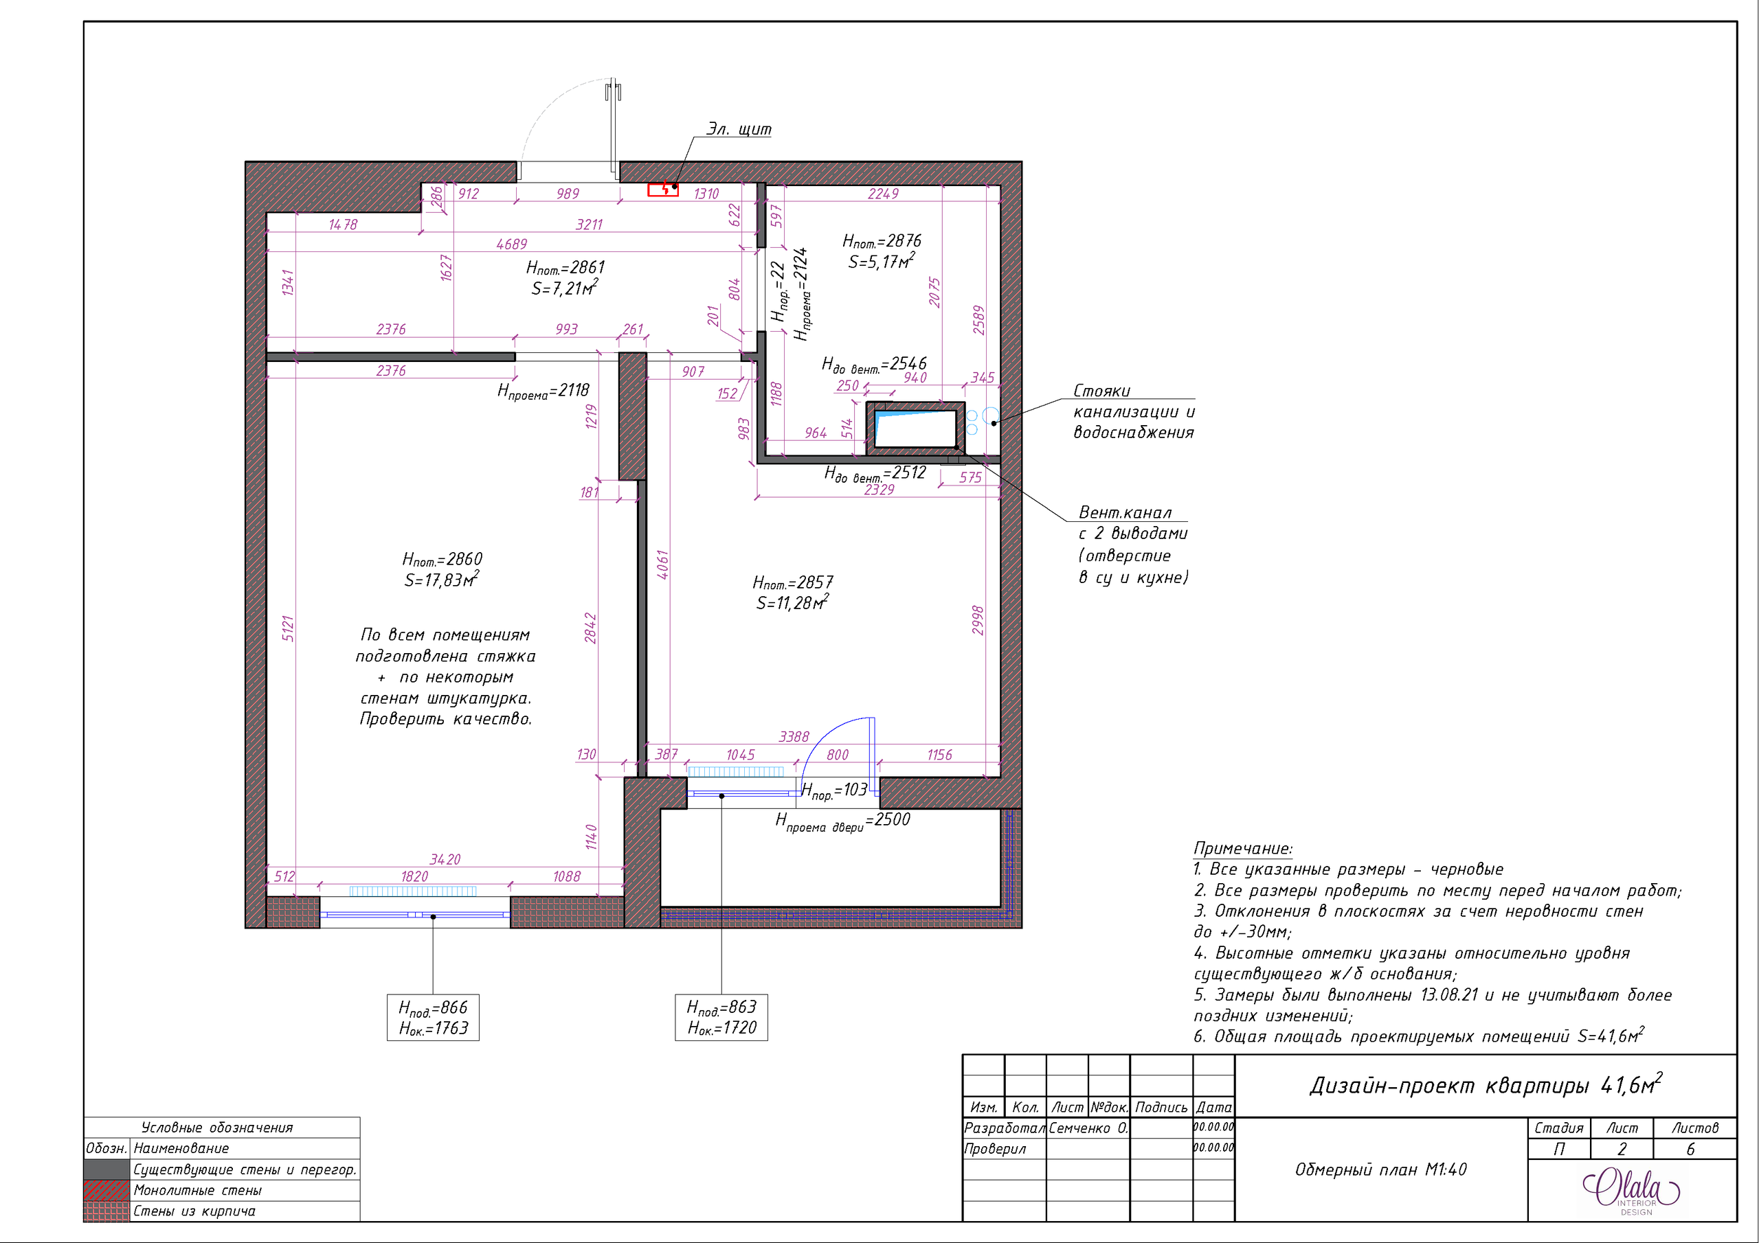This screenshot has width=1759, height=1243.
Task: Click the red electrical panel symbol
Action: point(662,189)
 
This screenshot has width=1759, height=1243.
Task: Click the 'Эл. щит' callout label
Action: point(739,128)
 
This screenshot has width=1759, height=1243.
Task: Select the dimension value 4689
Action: point(511,244)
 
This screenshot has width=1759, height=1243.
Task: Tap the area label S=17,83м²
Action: point(441,580)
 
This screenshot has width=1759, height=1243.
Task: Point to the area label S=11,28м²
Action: point(792,603)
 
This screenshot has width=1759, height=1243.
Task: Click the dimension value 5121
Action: point(288,627)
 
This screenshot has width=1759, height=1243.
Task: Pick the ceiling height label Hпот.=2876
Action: point(881,240)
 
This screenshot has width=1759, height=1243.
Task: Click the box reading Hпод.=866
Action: point(433,1017)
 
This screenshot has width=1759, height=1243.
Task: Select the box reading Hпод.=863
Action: point(721,1017)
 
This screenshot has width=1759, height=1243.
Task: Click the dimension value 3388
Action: point(794,736)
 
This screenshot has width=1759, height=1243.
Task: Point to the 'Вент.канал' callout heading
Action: point(1125,512)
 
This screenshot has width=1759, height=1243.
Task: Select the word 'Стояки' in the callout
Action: point(1101,391)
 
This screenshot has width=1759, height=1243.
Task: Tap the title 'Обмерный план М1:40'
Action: point(1380,1170)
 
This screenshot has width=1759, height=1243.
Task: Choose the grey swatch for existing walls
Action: point(107,1169)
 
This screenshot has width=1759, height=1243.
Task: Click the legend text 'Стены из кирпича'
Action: point(194,1211)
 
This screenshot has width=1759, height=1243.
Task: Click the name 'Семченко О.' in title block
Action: point(1087,1128)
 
